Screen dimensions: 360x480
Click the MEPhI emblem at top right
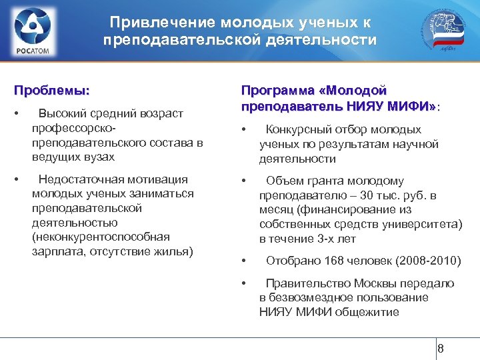tap(445, 30)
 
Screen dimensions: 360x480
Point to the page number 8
tap(440, 349)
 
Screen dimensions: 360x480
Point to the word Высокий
tap(59, 113)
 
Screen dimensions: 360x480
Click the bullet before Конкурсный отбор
tap(245, 129)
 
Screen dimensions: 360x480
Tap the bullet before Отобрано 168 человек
tap(245, 261)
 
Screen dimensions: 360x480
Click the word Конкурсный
tap(299, 129)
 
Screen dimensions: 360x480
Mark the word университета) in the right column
tap(422, 225)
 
